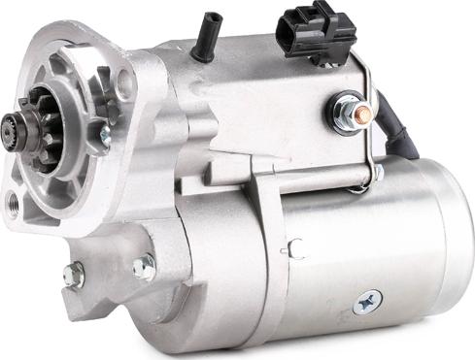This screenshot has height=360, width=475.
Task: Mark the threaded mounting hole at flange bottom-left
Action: coord(13,204)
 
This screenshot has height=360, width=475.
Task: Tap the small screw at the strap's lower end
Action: coord(377,176)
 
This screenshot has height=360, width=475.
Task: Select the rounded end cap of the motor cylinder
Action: coord(453,243)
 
